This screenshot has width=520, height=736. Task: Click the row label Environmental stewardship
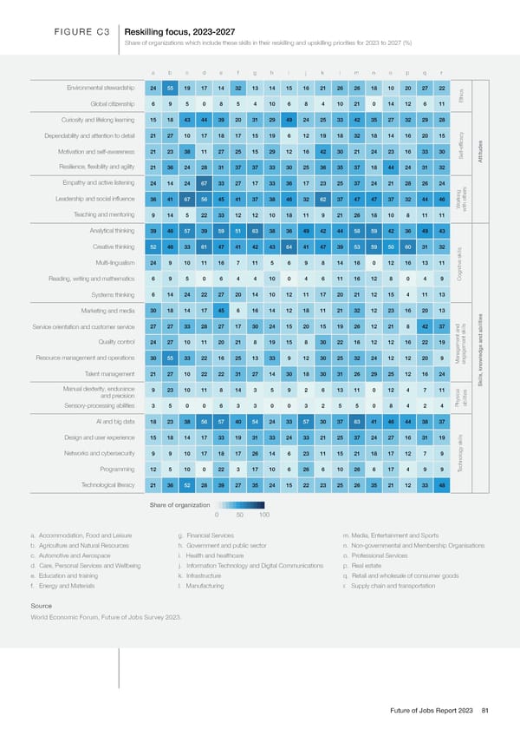pos(97,89)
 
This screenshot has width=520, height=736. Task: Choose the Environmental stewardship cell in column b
pos(170,89)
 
